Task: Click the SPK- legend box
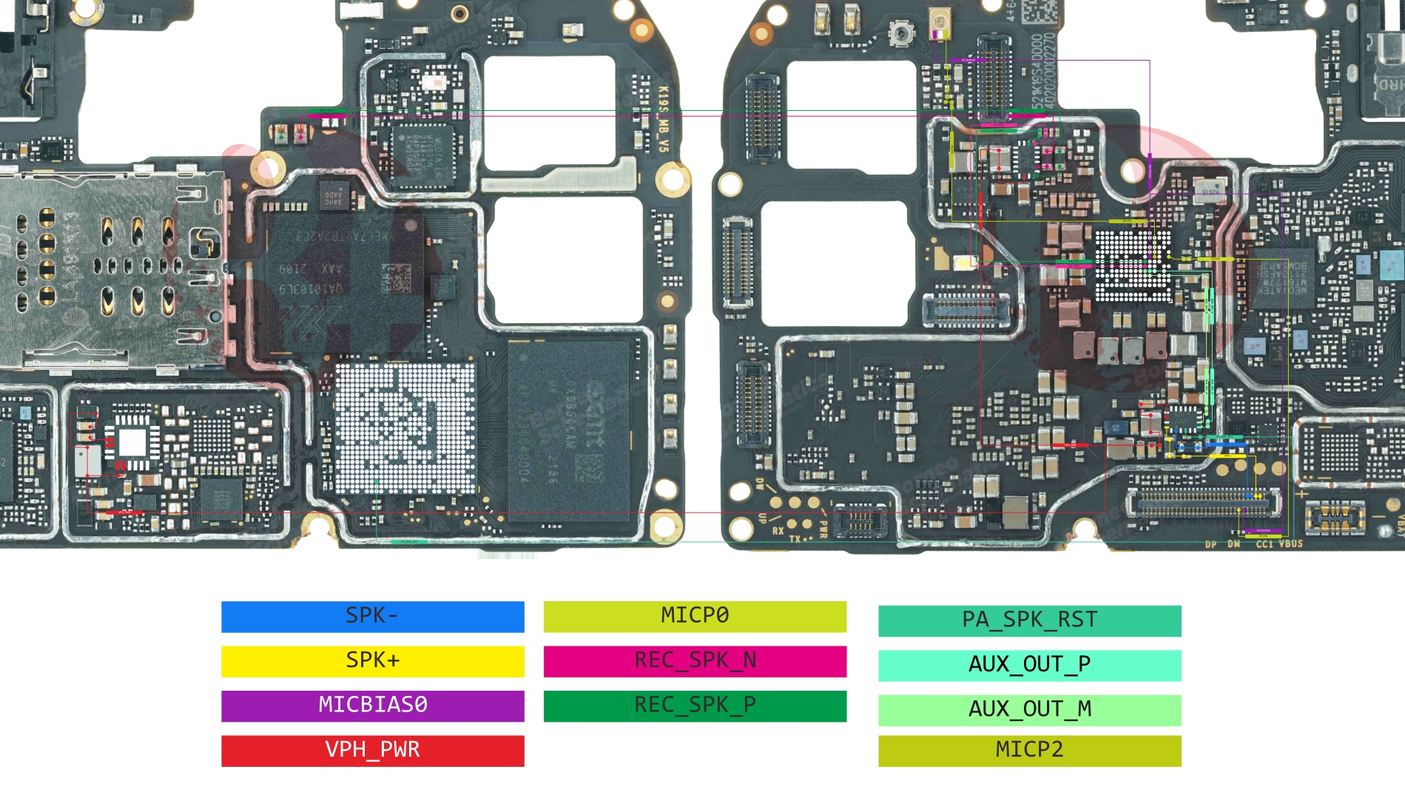[372, 617]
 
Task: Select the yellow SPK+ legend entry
[372, 661]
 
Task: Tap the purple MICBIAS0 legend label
[372, 706]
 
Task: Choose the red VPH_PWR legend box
[372, 750]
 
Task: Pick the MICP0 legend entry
[695, 617]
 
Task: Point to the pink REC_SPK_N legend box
[695, 661]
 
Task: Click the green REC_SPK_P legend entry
[695, 706]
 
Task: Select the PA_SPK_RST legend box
[1029, 620]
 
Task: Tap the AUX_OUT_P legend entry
[1029, 665]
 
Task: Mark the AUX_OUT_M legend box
[1029, 710]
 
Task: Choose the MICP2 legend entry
[1029, 750]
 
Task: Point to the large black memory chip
[570, 429]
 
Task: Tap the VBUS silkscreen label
[1290, 544]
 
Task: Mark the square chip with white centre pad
[132, 442]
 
